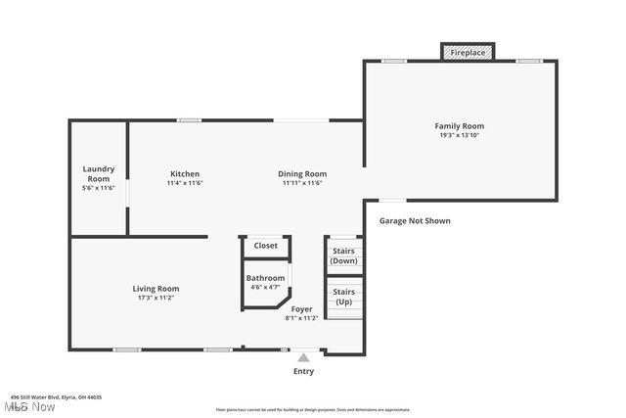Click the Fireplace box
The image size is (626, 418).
click(x=468, y=52)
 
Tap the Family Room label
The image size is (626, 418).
click(x=460, y=126)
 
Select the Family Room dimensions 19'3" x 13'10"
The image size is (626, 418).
click(x=460, y=135)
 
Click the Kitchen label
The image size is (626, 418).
click(x=184, y=174)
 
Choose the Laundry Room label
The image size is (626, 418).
click(x=98, y=173)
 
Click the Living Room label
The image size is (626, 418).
click(x=156, y=289)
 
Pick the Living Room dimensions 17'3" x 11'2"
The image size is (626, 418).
click(x=156, y=298)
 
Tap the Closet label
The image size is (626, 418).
click(x=266, y=246)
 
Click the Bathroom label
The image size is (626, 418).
click(x=265, y=278)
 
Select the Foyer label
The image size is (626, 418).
click(x=301, y=309)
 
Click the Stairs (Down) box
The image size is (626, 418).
click(x=344, y=256)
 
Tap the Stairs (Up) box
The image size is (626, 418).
click(x=344, y=297)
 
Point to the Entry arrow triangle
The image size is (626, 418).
click(x=304, y=358)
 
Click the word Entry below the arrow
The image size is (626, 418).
click(x=304, y=372)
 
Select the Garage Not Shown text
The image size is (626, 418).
click(x=415, y=221)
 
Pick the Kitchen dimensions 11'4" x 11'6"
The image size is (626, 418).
click(x=184, y=183)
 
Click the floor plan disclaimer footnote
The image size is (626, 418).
click(x=312, y=409)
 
